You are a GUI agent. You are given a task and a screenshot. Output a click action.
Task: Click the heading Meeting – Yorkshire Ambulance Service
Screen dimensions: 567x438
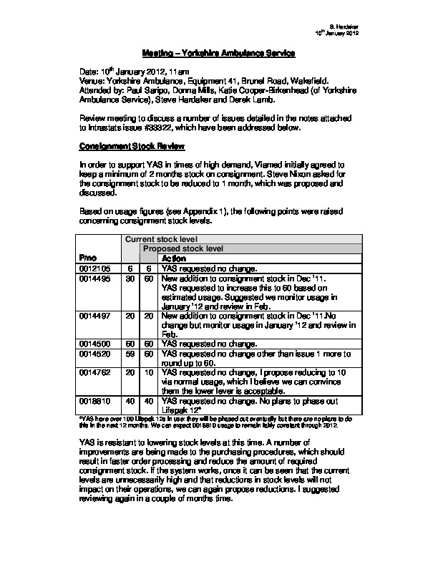coord(218,54)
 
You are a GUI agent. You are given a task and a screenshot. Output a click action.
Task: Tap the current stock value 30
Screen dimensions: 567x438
coord(131,278)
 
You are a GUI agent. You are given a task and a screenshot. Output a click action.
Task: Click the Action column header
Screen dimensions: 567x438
coord(174,258)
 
